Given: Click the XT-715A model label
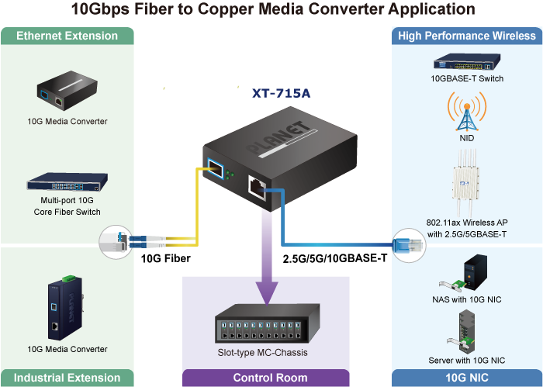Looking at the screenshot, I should (281, 94).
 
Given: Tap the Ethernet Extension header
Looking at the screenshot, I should (67, 36).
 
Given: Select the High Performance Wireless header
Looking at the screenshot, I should (466, 36).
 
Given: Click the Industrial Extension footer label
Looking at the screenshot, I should (67, 378).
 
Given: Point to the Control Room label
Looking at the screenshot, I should (270, 378).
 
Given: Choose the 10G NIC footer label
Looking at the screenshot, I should (467, 378).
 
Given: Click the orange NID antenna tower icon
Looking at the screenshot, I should (466, 112).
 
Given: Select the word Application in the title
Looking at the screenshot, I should (431, 10).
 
